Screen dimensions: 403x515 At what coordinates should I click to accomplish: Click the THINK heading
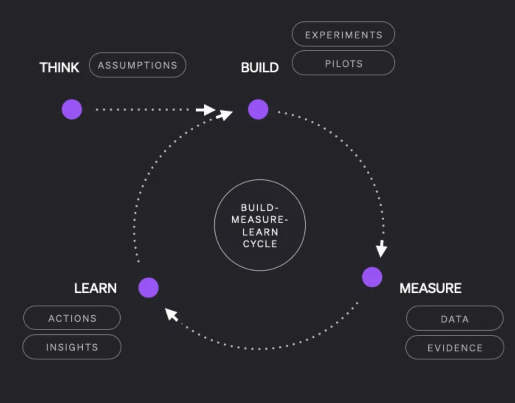pos(59,68)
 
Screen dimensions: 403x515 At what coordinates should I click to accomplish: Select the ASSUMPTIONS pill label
pos(137,65)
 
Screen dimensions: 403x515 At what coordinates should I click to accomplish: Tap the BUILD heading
pos(260,68)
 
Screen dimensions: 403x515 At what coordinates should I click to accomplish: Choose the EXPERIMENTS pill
pos(343,34)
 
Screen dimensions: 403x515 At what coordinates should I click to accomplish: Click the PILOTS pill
pos(343,63)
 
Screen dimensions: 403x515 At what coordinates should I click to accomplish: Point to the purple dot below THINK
pos(72,109)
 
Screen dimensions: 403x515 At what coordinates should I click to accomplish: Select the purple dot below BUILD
pos(258,109)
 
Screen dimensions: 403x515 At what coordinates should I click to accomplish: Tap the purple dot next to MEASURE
pos(372,277)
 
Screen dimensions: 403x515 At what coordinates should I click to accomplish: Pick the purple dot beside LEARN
pos(148,287)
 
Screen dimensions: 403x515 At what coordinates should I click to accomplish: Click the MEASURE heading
pos(430,288)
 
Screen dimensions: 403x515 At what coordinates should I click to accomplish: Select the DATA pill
pos(454,318)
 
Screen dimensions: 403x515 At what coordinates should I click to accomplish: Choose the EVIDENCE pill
pos(454,348)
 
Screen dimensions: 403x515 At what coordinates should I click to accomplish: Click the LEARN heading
pos(95,288)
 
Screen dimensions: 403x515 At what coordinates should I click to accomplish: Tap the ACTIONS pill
pos(72,318)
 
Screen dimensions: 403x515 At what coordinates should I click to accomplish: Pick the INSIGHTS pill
pos(72,347)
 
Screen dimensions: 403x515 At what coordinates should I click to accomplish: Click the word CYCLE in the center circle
pos(260,244)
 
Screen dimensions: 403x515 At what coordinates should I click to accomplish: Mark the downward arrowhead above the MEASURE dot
pos(381,249)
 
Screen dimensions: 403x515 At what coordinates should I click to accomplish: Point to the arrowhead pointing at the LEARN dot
pos(171,314)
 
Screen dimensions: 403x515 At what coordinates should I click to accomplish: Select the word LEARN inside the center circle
pos(260,232)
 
